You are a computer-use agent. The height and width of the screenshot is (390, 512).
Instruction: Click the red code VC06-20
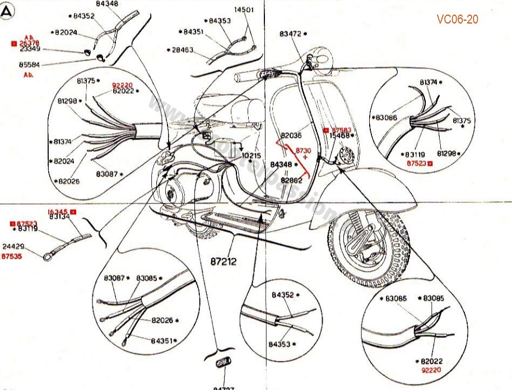point(458,20)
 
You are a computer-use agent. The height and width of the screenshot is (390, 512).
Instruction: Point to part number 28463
point(183,50)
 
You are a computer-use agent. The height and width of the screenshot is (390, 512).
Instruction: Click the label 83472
point(291,34)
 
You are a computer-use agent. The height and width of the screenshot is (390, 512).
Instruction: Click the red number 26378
point(29,43)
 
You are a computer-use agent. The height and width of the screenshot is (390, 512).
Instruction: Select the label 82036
point(291,136)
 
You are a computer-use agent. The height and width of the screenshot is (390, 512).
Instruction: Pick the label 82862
point(292,180)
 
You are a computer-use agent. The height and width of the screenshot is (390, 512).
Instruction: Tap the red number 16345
point(58,211)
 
